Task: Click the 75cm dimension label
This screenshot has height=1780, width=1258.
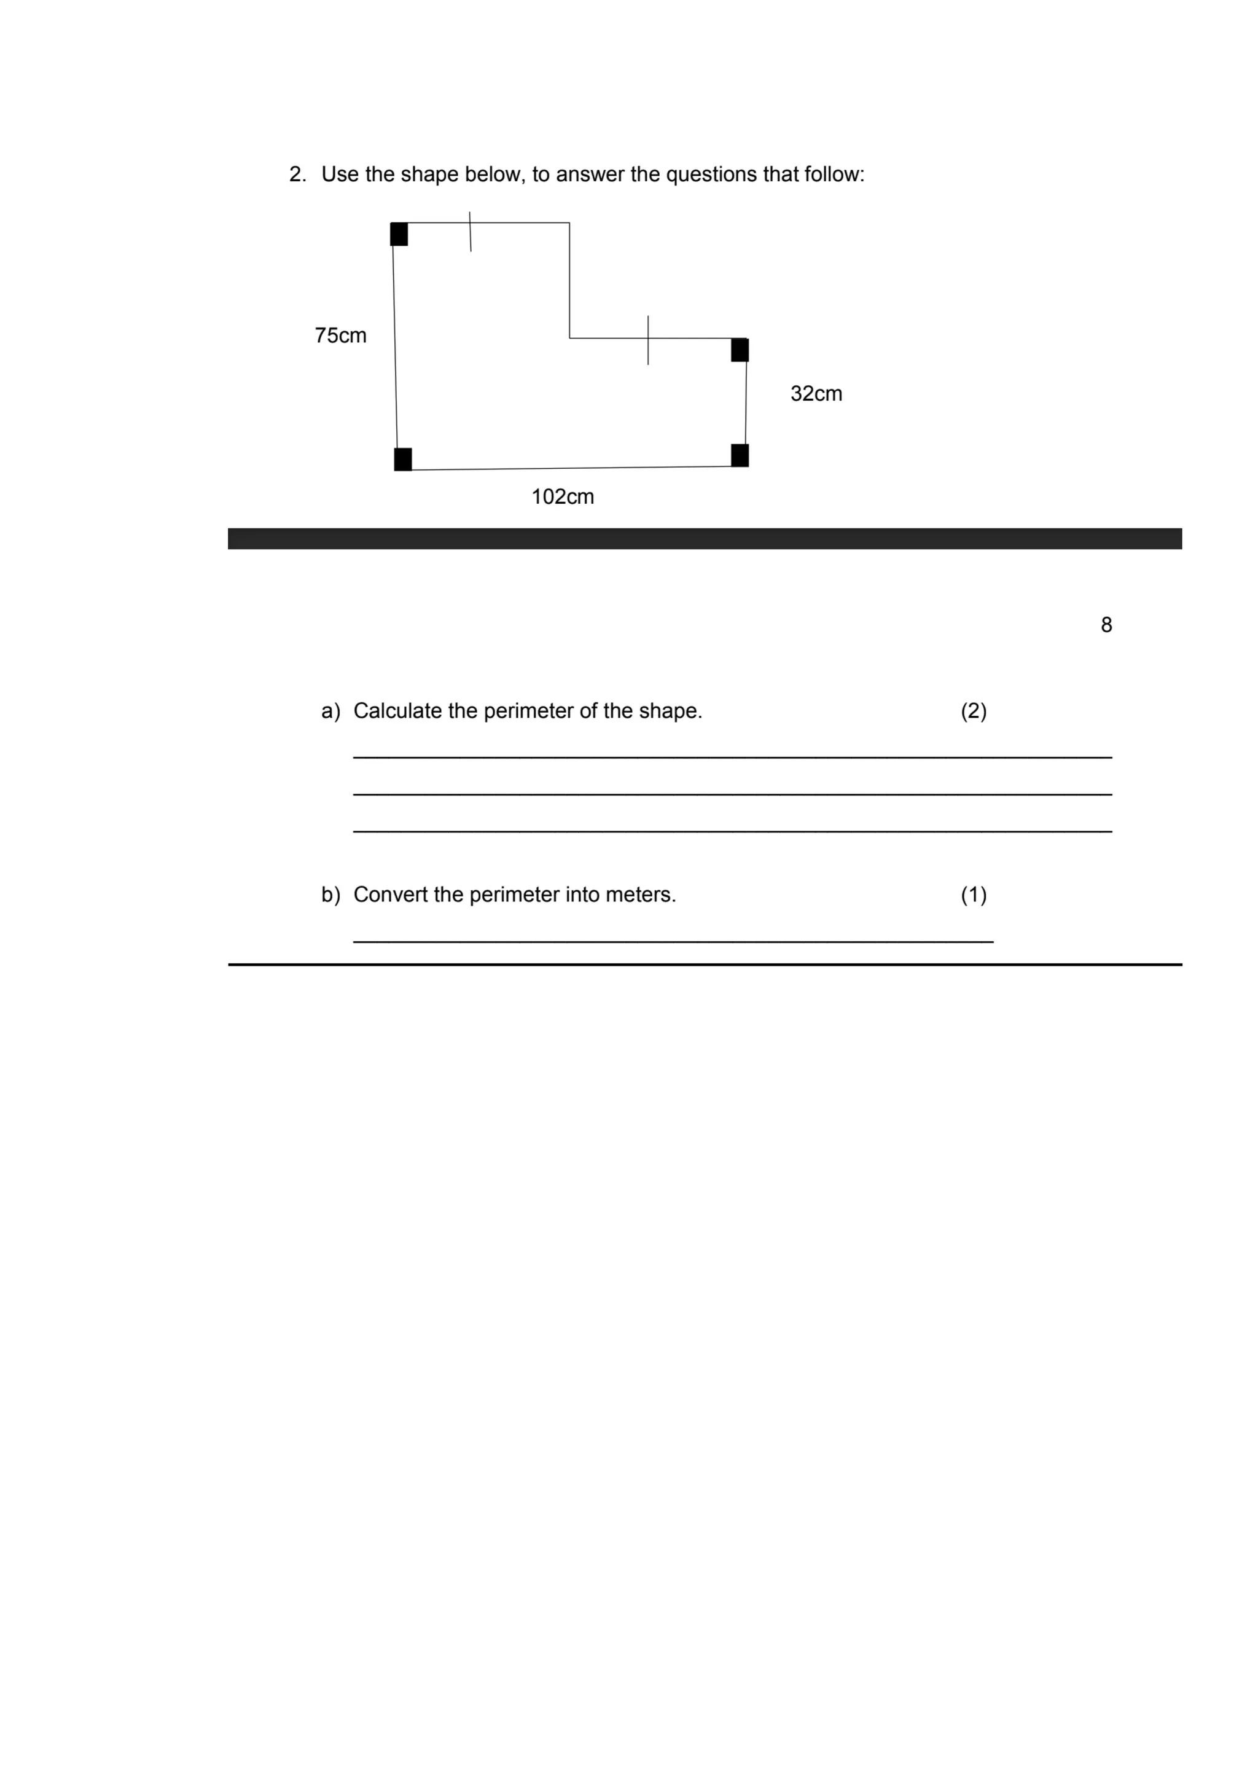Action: pyautogui.click(x=340, y=335)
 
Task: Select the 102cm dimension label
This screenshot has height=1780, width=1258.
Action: pyautogui.click(x=562, y=497)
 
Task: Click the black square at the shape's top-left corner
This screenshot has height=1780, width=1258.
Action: pyautogui.click(x=399, y=234)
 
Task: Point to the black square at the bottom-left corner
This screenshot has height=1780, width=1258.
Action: pyautogui.click(x=402, y=459)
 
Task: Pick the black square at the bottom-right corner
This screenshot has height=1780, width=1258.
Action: pyautogui.click(x=740, y=455)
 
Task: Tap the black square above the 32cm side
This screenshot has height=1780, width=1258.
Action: pyautogui.click(x=740, y=350)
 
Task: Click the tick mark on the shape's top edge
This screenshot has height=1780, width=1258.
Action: pyautogui.click(x=470, y=231)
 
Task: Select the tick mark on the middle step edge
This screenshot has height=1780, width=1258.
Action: pyautogui.click(x=648, y=340)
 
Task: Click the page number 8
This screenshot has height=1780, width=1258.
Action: pyautogui.click(x=1106, y=625)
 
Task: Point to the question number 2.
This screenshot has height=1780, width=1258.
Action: pyautogui.click(x=297, y=174)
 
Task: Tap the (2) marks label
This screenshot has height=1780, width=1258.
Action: pyautogui.click(x=974, y=711)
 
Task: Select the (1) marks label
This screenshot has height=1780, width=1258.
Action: pyautogui.click(x=974, y=895)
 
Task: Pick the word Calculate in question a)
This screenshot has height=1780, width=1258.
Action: pyautogui.click(x=397, y=711)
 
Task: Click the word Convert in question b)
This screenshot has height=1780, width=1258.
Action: pyautogui.click(x=390, y=895)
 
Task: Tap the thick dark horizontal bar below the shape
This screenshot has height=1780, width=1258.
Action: pyautogui.click(x=704, y=539)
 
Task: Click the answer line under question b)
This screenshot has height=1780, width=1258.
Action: pyautogui.click(x=673, y=941)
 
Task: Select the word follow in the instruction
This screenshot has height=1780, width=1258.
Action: pyautogui.click(x=834, y=174)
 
